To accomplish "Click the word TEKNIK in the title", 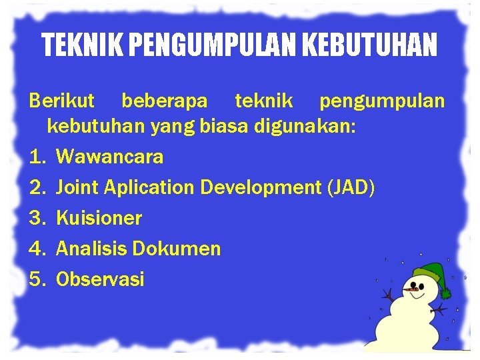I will tap(81, 45).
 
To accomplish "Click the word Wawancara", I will tap(109, 157).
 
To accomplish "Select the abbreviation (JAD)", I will tap(351, 187).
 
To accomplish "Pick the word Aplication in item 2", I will tap(150, 187).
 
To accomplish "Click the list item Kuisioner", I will tap(99, 218).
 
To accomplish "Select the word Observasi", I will tap(100, 279).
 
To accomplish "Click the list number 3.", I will tap(36, 218).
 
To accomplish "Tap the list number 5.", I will tap(36, 279).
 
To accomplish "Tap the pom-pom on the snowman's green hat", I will tap(445, 293).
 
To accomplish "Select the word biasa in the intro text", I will tap(225, 126).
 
